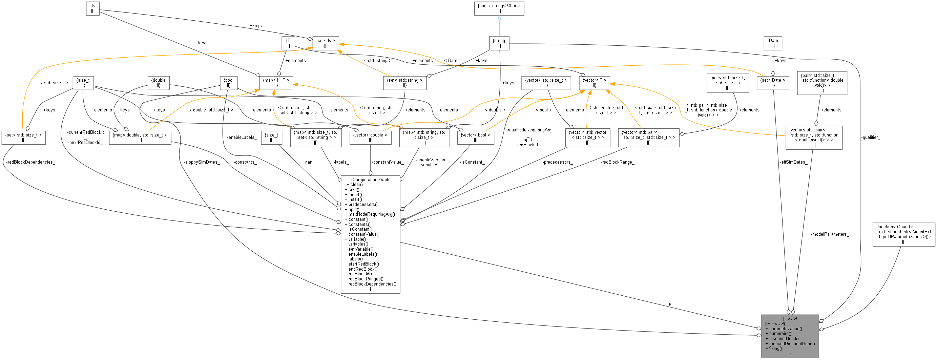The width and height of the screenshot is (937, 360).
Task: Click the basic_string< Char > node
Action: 499,8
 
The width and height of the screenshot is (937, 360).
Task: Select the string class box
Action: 499,43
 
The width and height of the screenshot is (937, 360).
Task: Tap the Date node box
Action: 773,43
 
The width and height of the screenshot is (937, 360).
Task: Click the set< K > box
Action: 326,43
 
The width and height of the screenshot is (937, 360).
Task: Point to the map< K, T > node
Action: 276,83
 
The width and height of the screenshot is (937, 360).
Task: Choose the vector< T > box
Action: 595,83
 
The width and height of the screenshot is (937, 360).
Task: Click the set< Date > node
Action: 773,83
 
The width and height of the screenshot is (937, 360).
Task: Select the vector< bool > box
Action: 475,137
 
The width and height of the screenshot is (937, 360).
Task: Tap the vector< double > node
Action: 370,137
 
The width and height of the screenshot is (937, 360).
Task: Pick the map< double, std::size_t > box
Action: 140,137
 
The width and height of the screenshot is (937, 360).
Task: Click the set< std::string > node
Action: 404,83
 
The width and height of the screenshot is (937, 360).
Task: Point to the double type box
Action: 159,83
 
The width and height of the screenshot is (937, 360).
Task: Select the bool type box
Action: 228,83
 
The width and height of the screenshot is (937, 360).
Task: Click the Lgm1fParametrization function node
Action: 903,234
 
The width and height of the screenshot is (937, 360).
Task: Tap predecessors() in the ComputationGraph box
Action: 363,204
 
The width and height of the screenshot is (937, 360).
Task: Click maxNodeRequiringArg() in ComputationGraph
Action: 371,214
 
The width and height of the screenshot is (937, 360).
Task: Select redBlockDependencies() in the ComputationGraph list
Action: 372,284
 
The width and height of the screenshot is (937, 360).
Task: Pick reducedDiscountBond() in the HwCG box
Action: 791,343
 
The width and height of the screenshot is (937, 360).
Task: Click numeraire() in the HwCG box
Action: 780,334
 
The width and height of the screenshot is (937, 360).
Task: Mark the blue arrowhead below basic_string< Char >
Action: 499,18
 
